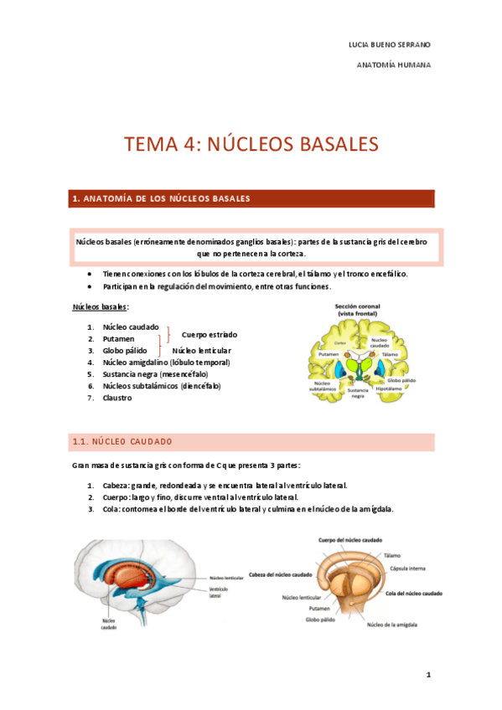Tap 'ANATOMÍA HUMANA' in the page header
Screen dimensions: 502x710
pos(394,64)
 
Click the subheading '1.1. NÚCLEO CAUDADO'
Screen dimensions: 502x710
pos(122,441)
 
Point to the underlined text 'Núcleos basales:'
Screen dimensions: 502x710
pos(101,307)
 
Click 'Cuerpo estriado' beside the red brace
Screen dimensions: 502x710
pos(209,334)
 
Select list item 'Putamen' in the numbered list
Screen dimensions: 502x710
pos(119,338)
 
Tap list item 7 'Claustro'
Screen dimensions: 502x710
pos(117,398)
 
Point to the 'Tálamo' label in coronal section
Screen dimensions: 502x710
pos(390,355)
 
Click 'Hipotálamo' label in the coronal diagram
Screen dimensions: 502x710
pos(391,388)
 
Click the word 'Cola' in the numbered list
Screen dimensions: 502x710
pos(111,509)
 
